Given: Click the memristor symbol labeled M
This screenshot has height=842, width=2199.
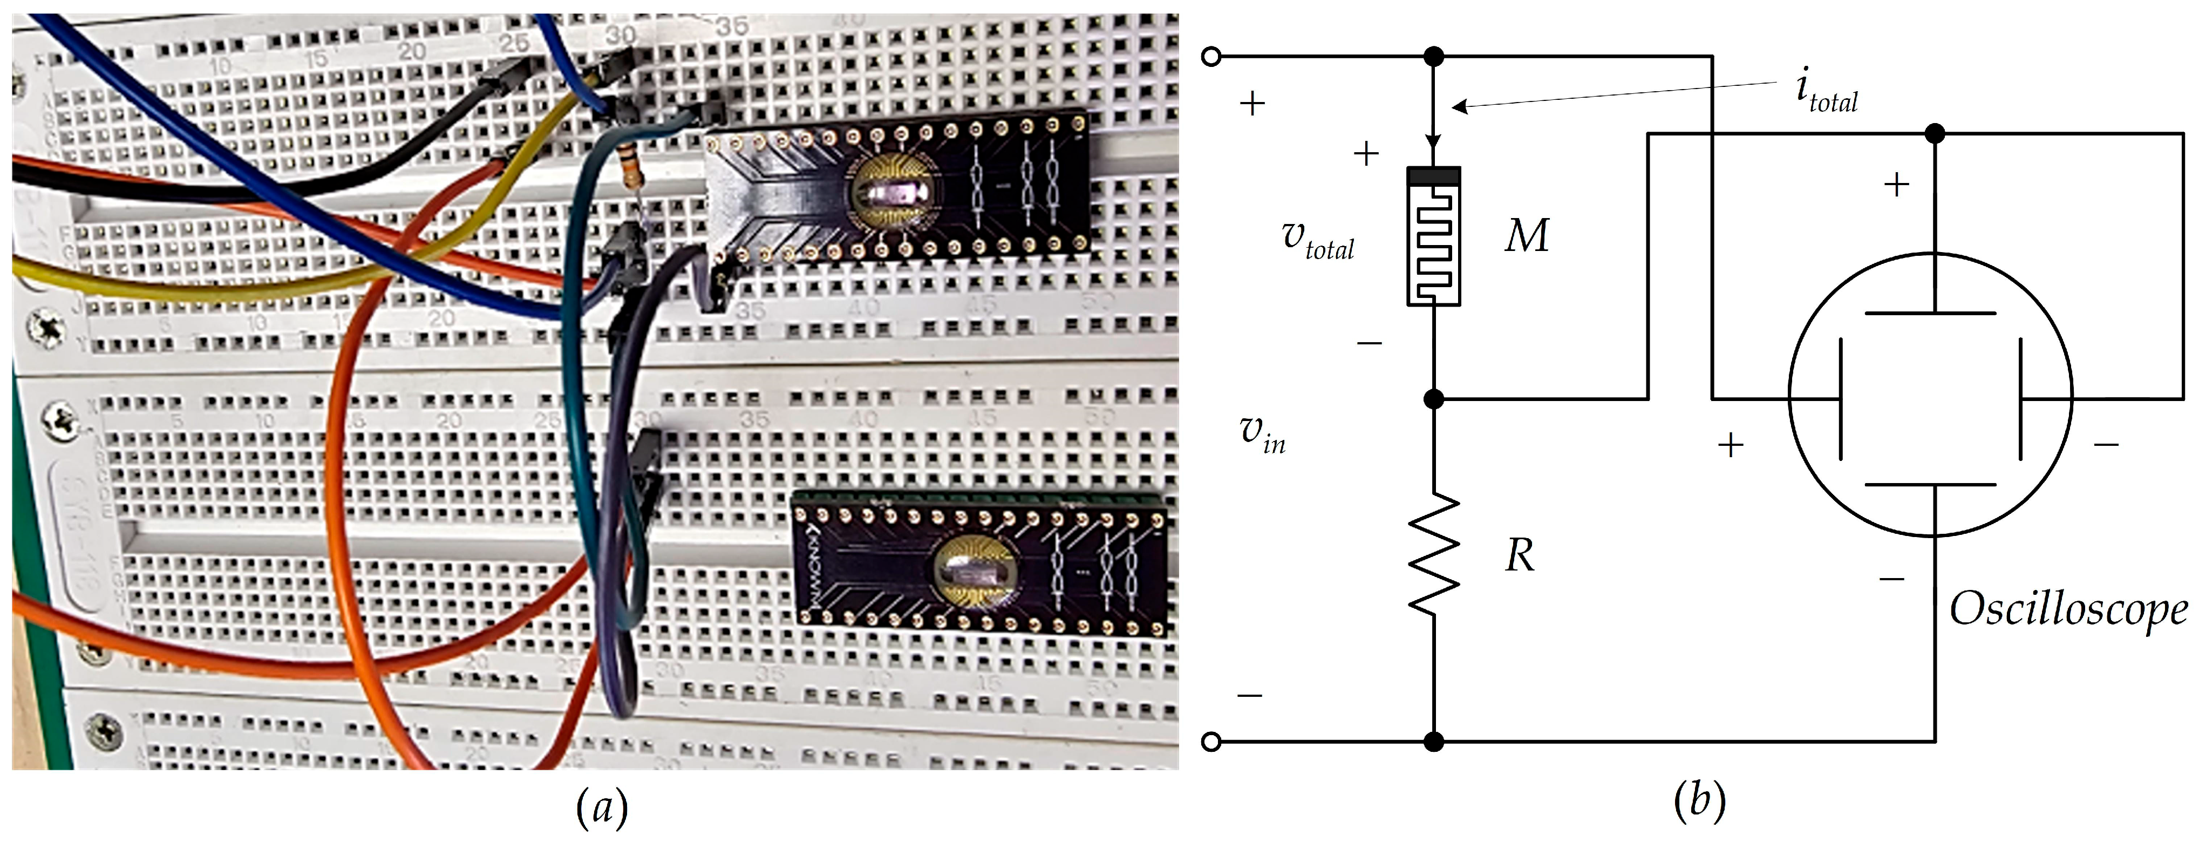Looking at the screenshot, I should point(1433,236).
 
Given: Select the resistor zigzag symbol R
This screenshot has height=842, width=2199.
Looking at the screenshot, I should point(1433,553).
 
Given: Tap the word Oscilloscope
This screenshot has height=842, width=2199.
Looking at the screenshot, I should point(2067,610).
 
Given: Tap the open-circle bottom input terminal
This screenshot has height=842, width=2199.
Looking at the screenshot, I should point(1210,741).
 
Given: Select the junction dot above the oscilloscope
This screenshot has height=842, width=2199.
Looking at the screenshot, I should point(1935,134).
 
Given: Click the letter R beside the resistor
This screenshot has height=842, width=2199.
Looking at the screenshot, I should point(1520,556).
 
